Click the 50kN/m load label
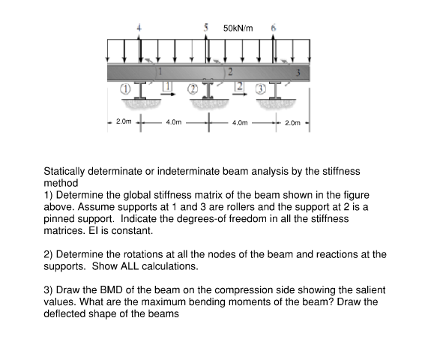pos(238,28)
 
